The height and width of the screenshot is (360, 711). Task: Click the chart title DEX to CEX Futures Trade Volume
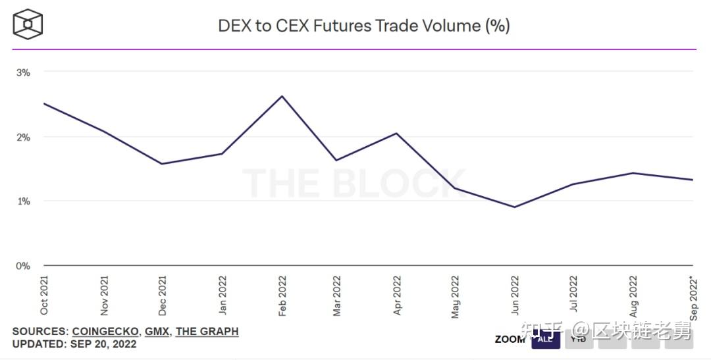click(x=364, y=26)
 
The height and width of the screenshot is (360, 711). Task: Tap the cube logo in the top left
click(x=28, y=24)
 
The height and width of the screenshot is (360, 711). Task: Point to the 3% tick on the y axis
click(x=23, y=72)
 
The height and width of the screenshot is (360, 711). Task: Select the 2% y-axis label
click(x=23, y=137)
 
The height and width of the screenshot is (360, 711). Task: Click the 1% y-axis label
click(x=23, y=201)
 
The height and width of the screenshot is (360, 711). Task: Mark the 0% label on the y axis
click(x=23, y=266)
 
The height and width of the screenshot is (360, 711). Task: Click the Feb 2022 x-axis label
click(x=282, y=296)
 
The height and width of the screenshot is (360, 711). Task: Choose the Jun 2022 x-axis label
click(x=515, y=296)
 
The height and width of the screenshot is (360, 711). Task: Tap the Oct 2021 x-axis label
click(x=44, y=296)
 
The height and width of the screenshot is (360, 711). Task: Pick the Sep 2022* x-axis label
click(x=692, y=297)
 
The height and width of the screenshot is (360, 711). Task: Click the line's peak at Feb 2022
click(x=282, y=96)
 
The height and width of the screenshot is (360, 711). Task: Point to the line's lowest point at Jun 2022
click(x=515, y=207)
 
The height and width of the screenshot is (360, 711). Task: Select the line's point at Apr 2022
click(x=396, y=134)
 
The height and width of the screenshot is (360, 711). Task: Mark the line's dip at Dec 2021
click(x=162, y=164)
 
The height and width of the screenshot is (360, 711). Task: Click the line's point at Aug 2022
click(x=633, y=173)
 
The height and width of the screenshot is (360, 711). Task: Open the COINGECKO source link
click(x=105, y=332)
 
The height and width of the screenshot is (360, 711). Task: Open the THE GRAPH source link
click(x=207, y=332)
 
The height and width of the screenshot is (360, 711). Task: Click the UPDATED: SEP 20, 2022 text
click(x=74, y=344)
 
